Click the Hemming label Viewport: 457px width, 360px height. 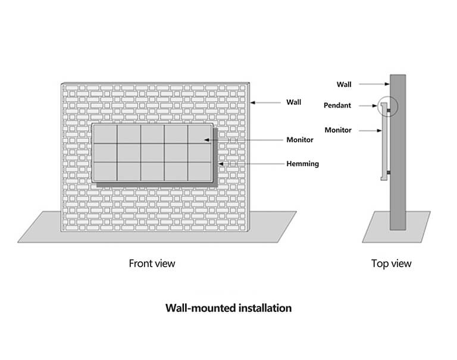pyautogui.click(x=302, y=163)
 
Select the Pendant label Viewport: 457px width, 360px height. pyautogui.click(x=337, y=105)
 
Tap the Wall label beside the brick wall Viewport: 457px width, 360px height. pyautogui.click(x=293, y=102)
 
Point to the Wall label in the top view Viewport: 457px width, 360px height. pyautogui.click(x=343, y=84)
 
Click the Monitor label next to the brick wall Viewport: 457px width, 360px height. pyautogui.click(x=300, y=140)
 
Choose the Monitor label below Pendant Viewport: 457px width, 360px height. pyautogui.click(x=337, y=130)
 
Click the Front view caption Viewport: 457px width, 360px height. pyautogui.click(x=152, y=262)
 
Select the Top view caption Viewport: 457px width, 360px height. pyautogui.click(x=391, y=263)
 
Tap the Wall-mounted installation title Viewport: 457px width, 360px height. pyautogui.click(x=228, y=308)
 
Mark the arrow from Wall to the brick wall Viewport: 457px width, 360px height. pyautogui.click(x=267, y=102)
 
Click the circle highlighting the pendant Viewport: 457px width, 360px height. pyautogui.click(x=386, y=107)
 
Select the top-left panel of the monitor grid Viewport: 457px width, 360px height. pyautogui.click(x=105, y=134)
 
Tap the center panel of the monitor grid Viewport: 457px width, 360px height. pyautogui.click(x=152, y=153)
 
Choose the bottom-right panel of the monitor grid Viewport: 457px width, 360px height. pyautogui.click(x=199, y=171)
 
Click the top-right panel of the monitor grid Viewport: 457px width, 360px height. pyautogui.click(x=199, y=134)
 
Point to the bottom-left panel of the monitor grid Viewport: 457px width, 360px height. pyautogui.click(x=105, y=171)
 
